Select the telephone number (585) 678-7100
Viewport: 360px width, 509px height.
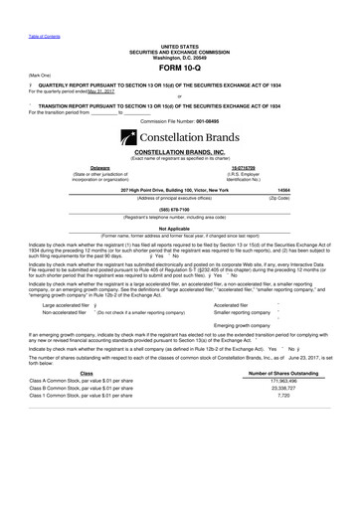pyautogui.click(x=180, y=210)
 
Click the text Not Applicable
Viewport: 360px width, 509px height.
pyautogui.click(x=180, y=226)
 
